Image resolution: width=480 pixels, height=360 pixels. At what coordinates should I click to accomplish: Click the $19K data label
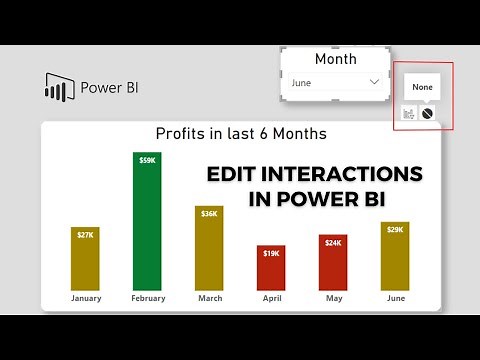click(x=270, y=253)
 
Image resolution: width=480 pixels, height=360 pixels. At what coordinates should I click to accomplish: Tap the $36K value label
click(x=208, y=212)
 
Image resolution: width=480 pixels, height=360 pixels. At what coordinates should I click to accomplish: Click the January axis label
click(x=85, y=298)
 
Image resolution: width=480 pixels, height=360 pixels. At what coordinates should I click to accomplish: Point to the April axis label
click(x=270, y=298)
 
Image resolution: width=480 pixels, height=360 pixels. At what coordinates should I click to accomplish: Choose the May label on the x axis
click(x=334, y=298)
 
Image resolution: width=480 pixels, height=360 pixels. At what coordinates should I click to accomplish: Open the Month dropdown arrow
click(x=374, y=82)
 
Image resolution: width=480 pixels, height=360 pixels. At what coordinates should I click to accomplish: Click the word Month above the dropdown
click(x=335, y=59)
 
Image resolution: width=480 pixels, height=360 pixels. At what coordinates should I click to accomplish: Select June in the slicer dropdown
click(x=303, y=82)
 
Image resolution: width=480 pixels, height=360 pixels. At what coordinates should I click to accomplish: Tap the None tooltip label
click(x=422, y=88)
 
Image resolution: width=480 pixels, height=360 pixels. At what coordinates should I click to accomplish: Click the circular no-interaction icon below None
click(x=427, y=114)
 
